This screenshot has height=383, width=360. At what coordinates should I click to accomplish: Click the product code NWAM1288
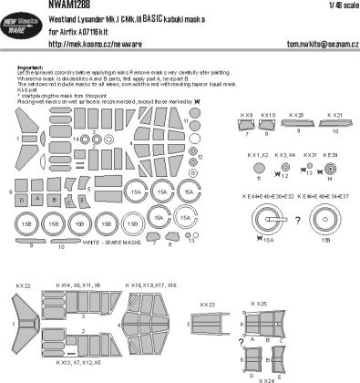coord(30,7)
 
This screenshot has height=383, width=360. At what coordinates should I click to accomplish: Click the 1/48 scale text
coord(341,7)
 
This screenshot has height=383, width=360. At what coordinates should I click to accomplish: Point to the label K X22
coord(23,286)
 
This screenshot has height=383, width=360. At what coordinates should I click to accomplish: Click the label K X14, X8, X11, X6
coord(80,286)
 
